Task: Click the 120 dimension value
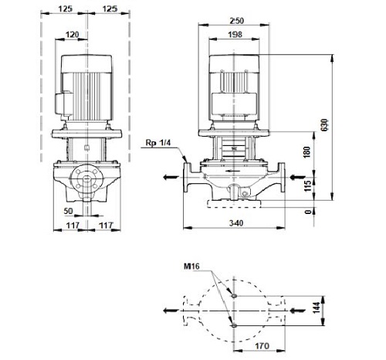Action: [x=72, y=35]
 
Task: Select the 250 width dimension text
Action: [x=236, y=21]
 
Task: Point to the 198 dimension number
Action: [x=235, y=35]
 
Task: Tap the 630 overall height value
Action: [x=325, y=124]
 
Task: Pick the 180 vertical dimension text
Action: [x=307, y=152]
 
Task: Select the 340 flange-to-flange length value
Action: [x=236, y=223]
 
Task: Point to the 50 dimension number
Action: [x=68, y=211]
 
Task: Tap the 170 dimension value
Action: [x=262, y=346]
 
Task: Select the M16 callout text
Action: [x=191, y=266]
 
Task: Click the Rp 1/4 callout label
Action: [x=158, y=143]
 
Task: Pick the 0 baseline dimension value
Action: [x=307, y=212]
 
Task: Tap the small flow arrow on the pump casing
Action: [x=231, y=171]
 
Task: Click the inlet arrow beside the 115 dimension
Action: [x=297, y=177]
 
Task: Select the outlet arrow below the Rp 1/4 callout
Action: [x=171, y=177]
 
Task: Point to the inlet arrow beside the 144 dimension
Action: [x=297, y=311]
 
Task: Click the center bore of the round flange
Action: [x=87, y=178]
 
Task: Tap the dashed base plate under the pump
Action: [x=234, y=204]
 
